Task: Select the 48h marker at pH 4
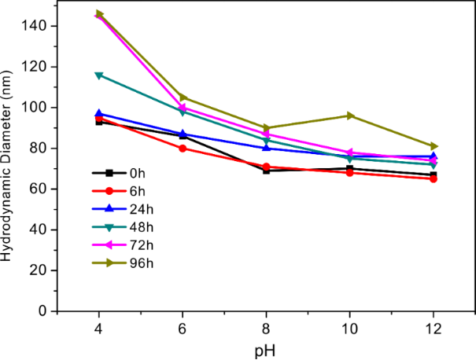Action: (x=99, y=75)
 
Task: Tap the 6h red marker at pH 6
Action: (x=183, y=148)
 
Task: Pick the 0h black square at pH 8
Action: (x=266, y=171)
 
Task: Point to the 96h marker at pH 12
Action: (x=434, y=146)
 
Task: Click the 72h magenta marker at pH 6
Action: (x=183, y=108)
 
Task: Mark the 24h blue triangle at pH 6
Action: (x=183, y=134)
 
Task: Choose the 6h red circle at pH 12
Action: (x=434, y=178)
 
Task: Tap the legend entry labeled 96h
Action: (x=121, y=262)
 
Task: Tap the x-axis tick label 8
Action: (x=266, y=325)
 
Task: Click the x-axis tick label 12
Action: (x=434, y=325)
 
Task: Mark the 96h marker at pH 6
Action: (x=183, y=97)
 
